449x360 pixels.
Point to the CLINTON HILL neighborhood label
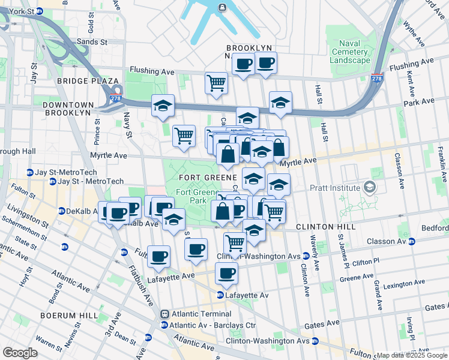click(318, 227)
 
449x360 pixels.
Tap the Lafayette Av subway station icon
click(220, 295)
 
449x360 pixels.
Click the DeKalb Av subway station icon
click(61, 211)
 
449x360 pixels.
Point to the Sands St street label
click(92, 42)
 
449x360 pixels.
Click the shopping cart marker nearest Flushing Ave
click(216, 83)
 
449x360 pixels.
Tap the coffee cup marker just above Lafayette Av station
click(226, 273)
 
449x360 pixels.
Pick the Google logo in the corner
click(20, 352)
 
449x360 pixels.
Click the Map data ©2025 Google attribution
click(412, 355)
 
